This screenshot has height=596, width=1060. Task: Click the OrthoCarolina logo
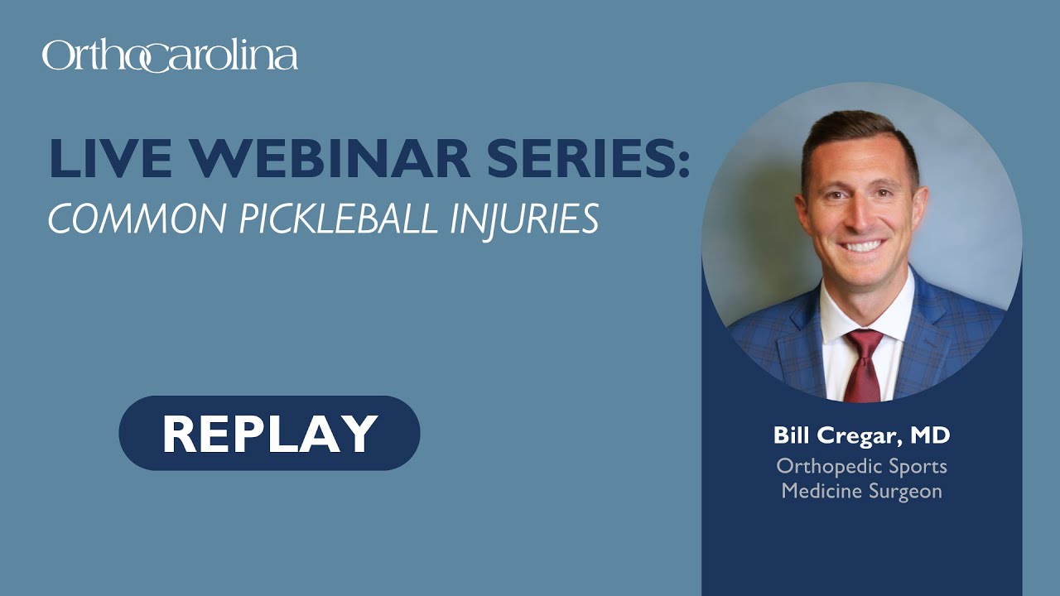click(x=170, y=56)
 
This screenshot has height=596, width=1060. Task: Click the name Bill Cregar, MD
click(x=861, y=435)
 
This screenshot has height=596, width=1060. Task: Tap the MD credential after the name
click(x=930, y=435)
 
